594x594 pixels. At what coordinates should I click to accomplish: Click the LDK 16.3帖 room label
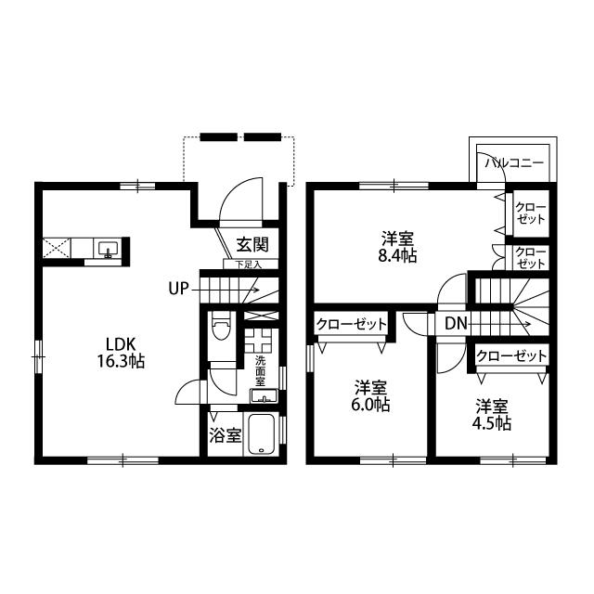coord(121,353)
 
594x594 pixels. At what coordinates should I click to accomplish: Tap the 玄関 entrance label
coord(252,244)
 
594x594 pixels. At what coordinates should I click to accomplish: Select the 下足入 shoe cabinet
coord(251,264)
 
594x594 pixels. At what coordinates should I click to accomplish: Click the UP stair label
coord(178,289)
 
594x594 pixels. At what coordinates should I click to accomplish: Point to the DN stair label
coord(456,324)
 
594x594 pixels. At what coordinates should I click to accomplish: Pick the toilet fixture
coord(221,326)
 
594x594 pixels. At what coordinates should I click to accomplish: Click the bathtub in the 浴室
coord(262,434)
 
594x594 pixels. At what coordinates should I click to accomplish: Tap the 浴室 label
coord(225,435)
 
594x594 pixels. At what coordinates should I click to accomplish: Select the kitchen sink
coord(108,249)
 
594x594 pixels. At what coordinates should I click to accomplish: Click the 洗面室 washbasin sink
coord(264,396)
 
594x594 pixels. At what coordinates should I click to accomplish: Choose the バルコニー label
coord(515,163)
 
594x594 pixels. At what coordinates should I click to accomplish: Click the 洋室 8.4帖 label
coord(397,248)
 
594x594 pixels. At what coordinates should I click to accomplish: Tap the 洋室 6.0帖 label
coord(370,396)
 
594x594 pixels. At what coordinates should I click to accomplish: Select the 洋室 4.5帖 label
coord(492,415)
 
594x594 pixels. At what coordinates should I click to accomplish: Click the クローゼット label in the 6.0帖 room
coord(352,324)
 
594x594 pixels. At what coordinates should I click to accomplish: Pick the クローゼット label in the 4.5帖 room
coord(511,355)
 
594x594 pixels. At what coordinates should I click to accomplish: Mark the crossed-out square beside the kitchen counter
coord(57,248)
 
